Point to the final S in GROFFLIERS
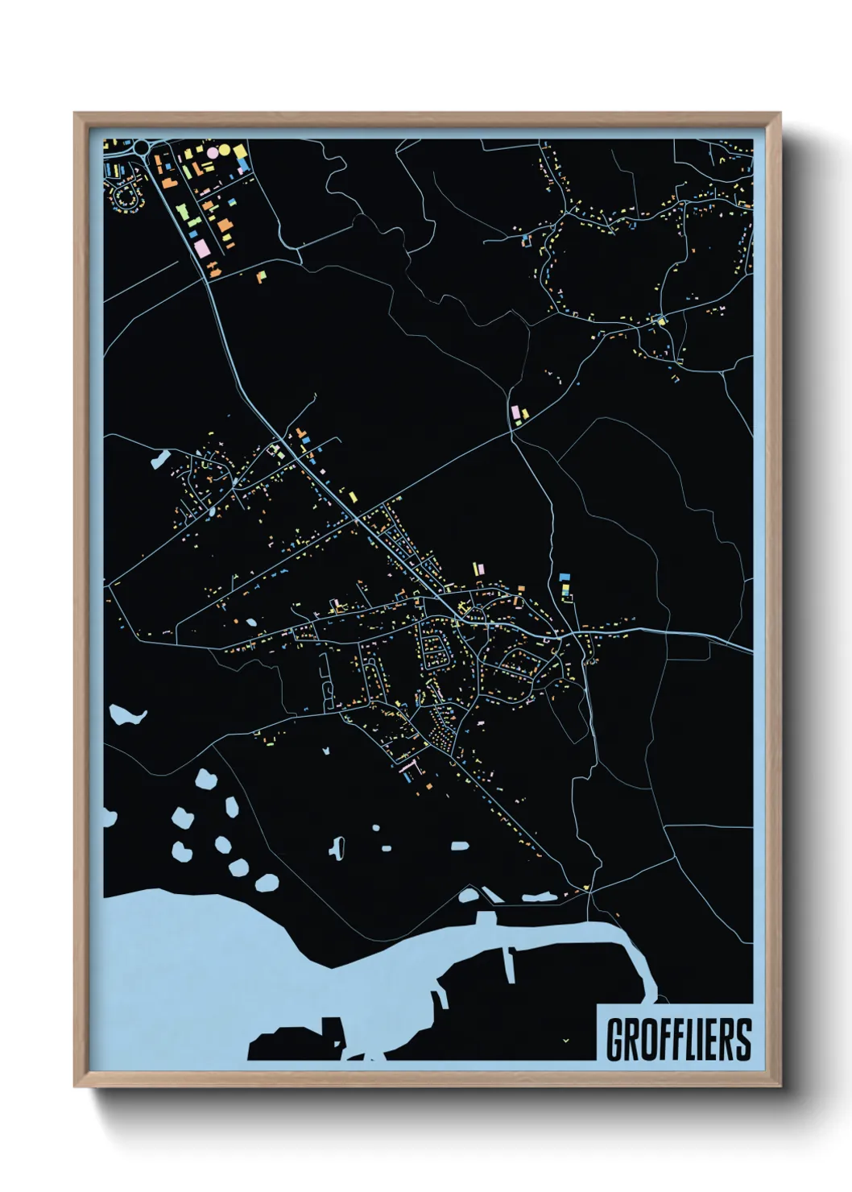(x=742, y=1040)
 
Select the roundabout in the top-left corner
(x=143, y=147)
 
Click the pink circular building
(x=213, y=151)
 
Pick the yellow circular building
(x=225, y=151)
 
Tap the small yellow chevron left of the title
(x=566, y=1041)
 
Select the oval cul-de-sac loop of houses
(x=126, y=197)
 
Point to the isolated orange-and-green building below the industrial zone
(x=261, y=276)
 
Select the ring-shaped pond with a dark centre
(x=337, y=846)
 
